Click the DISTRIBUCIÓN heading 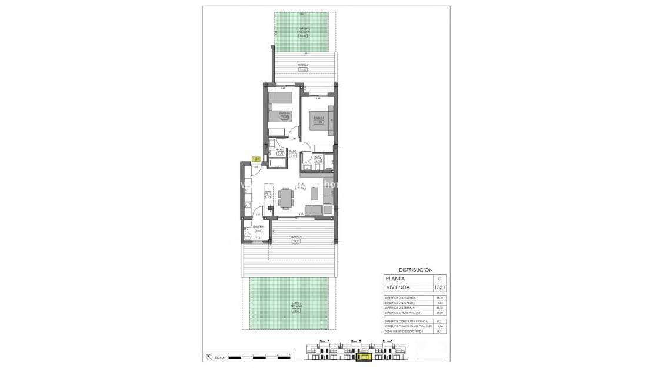tap(411, 267)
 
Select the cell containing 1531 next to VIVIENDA tap(439, 287)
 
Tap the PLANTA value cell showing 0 tap(439, 278)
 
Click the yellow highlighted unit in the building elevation tap(365, 356)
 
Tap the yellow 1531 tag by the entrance tap(256, 159)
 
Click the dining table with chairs tap(286, 198)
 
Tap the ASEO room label tap(318, 156)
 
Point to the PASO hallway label tap(292, 151)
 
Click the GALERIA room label tap(258, 226)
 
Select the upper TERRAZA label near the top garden tap(303, 65)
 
